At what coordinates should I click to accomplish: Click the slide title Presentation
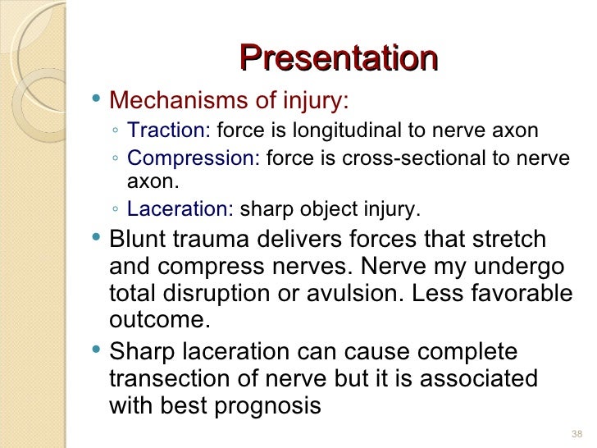[x=339, y=58]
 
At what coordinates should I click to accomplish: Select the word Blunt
[x=138, y=240]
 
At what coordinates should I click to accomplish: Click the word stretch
[x=513, y=240]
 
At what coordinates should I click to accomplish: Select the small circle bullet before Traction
[x=118, y=131]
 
